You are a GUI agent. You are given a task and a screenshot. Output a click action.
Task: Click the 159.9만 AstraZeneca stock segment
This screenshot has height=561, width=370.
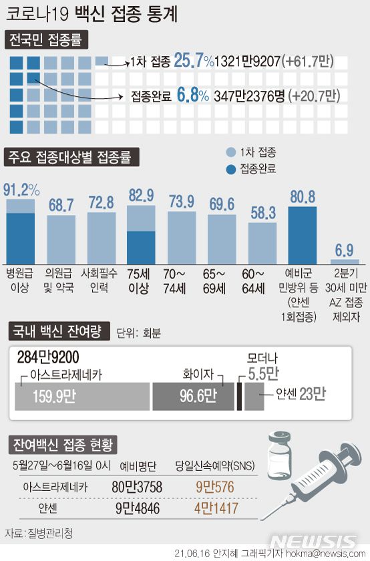[81, 397]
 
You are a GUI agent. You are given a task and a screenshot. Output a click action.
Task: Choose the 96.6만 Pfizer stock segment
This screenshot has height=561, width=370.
[194, 397]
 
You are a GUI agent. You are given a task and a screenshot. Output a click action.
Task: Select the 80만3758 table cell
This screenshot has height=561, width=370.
[138, 487]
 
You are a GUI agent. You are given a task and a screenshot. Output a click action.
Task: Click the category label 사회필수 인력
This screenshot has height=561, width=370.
[100, 278]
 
